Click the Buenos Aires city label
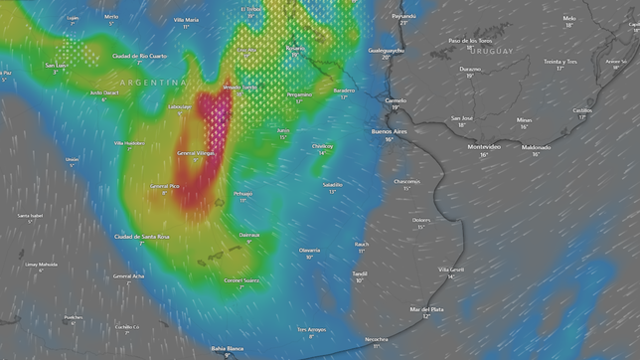[x=389, y=131]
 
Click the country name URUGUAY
[x=492, y=51]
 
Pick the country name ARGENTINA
[x=154, y=82]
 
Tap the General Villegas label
[x=197, y=153]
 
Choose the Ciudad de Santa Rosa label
[x=142, y=236]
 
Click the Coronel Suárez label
[x=240, y=279]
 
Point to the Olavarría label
[x=309, y=250]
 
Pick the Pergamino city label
[x=299, y=94]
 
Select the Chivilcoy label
[x=322, y=146]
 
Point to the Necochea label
[x=376, y=338]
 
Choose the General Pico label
[x=165, y=186]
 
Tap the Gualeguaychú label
[x=388, y=50]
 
